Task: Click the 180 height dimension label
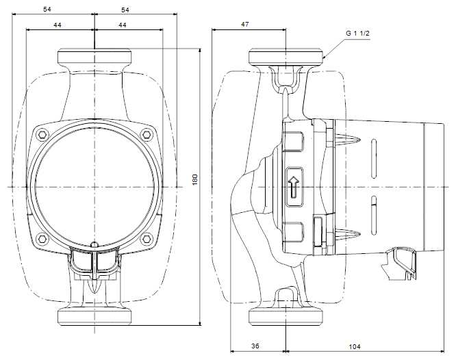pos(195,179)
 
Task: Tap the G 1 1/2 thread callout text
pos(357,33)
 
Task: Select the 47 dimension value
pos(245,24)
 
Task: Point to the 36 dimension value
pos(255,346)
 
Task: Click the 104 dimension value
pos(354,346)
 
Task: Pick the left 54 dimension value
pos(47,10)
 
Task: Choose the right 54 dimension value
pos(125,10)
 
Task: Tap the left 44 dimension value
pos(58,25)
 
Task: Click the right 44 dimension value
pos(123,25)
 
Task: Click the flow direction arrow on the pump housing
pos(294,187)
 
